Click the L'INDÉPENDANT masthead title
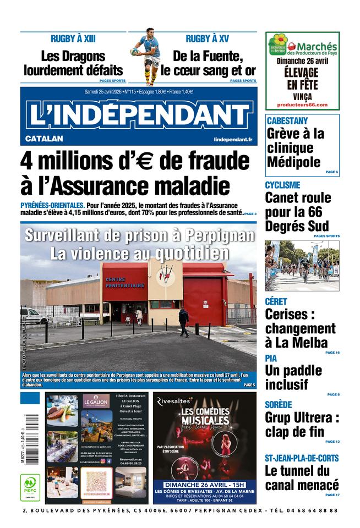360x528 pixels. coord(138,114)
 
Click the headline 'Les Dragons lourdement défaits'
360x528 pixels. coord(73,63)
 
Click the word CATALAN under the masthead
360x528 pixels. coord(44,139)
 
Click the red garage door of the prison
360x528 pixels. coord(204,300)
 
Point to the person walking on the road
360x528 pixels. coord(183,322)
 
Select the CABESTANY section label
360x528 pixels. coord(287,120)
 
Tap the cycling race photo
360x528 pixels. coord(302,265)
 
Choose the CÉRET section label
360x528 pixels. coord(276,301)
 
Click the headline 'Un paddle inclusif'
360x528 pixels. coord(294,377)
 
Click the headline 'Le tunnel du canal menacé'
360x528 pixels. coord(302,477)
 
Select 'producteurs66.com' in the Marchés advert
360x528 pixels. coord(302,105)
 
